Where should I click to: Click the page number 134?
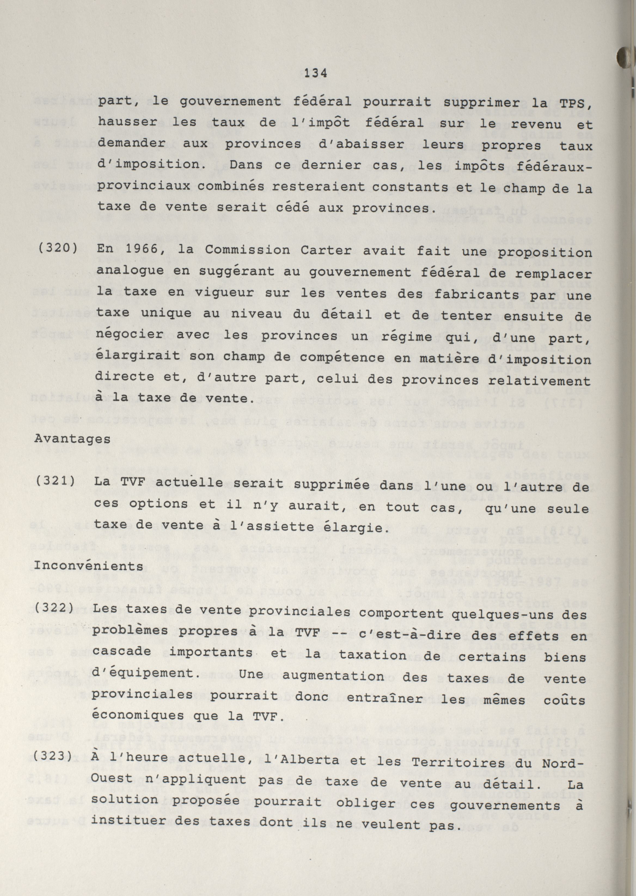click(315, 73)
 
